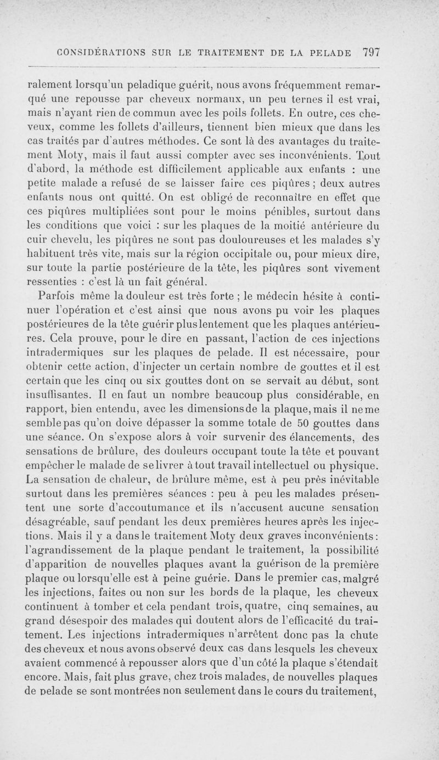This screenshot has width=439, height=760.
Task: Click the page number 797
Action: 372,53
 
